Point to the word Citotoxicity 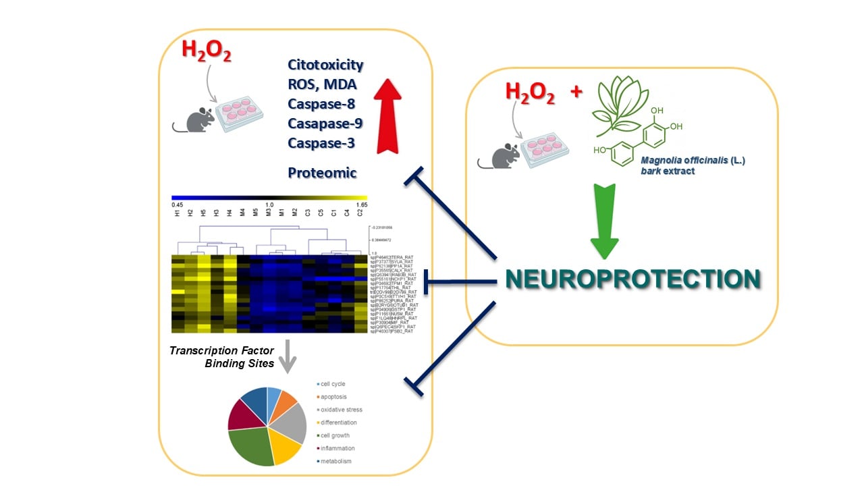pyautogui.click(x=325, y=65)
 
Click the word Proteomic pyautogui.click(x=322, y=173)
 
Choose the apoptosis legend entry pyautogui.click(x=333, y=397)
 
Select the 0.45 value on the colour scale pyautogui.click(x=178, y=204)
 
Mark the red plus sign pyautogui.click(x=576, y=93)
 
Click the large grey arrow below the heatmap pyautogui.click(x=288, y=355)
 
